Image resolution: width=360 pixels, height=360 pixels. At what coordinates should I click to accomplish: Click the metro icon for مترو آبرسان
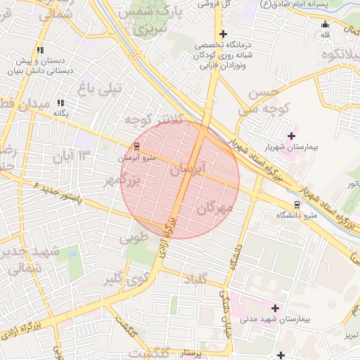(136, 147)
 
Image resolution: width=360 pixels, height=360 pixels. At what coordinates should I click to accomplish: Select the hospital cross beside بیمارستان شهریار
(291, 136)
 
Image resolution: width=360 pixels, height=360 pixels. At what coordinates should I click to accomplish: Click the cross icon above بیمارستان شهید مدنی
(275, 308)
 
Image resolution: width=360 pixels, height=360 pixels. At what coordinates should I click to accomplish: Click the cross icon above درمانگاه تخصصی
(223, 34)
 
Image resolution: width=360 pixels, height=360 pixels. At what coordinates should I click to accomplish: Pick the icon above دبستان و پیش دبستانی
(40, 50)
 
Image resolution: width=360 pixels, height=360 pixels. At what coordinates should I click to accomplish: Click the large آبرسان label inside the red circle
(189, 169)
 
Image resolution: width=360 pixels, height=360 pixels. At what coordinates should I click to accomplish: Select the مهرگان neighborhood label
(215, 208)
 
